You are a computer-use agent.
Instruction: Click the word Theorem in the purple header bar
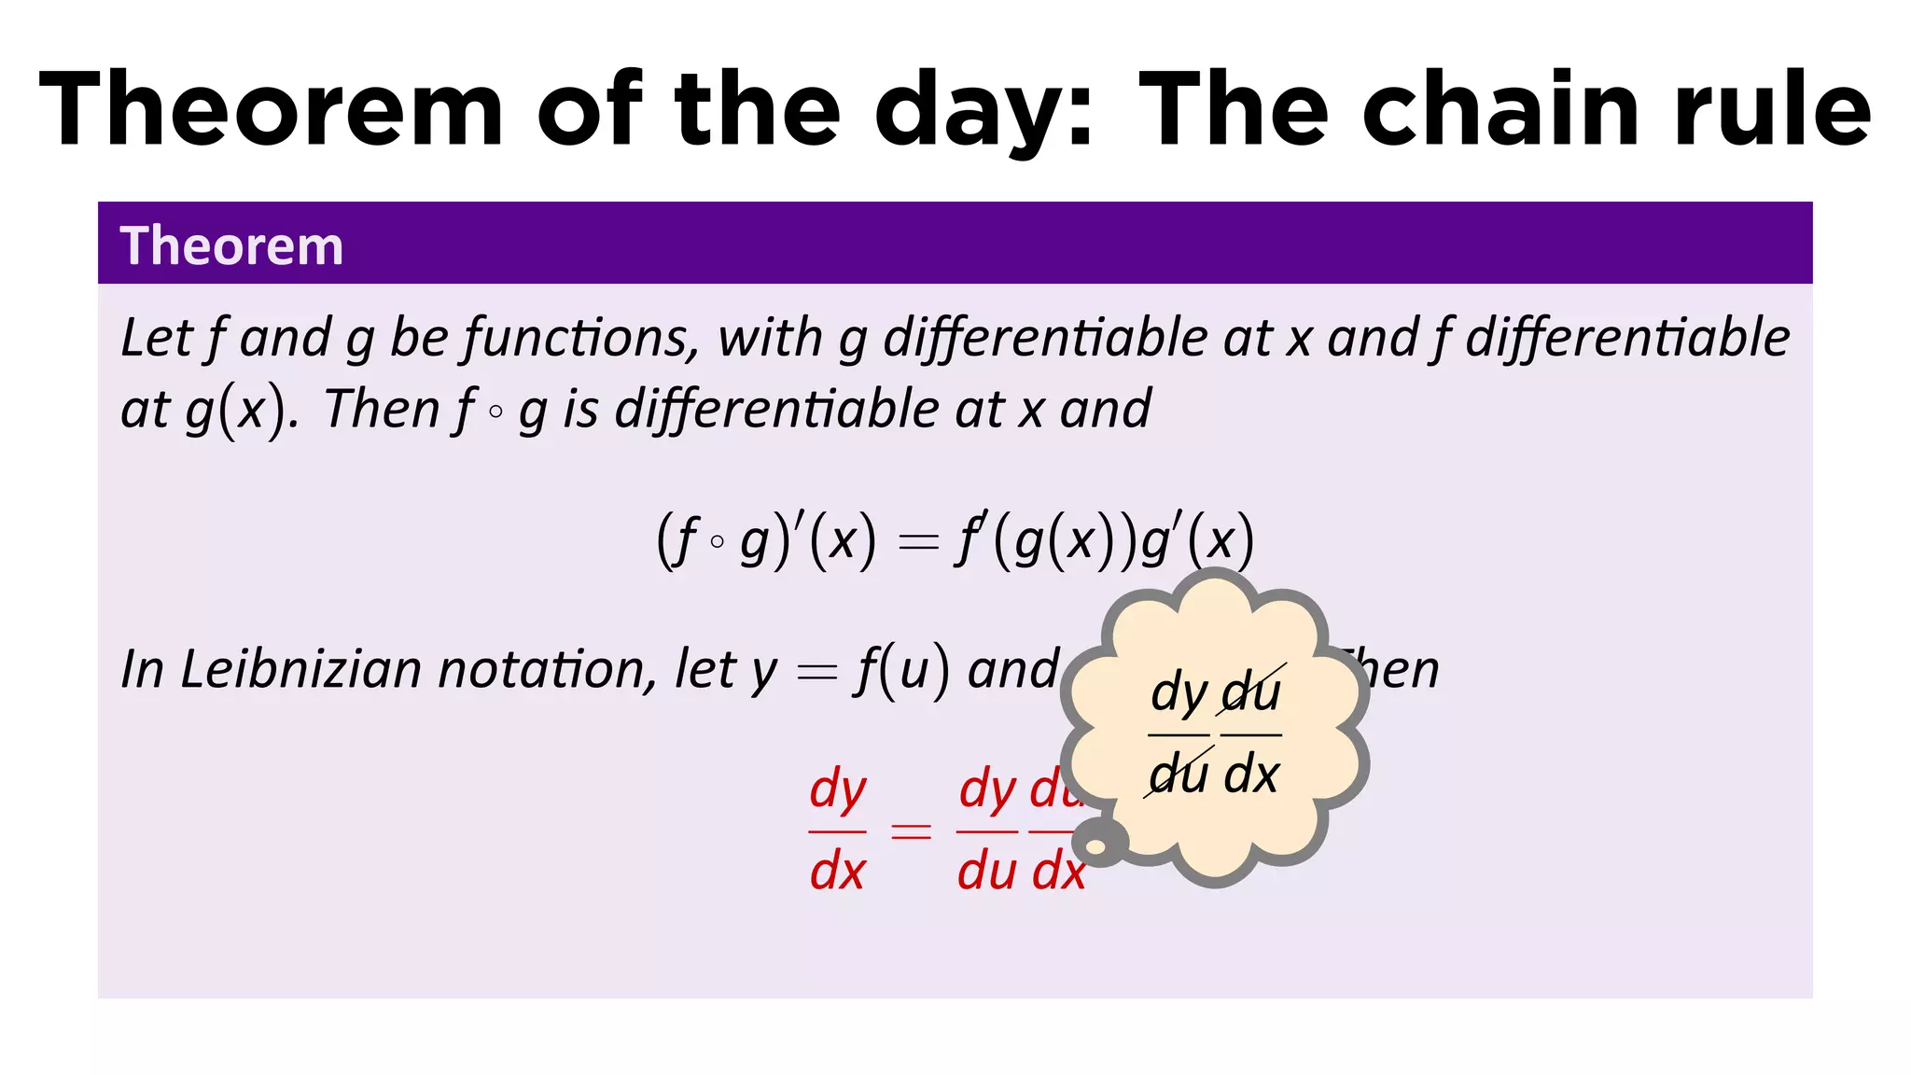231,245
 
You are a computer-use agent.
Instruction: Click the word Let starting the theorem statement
157,337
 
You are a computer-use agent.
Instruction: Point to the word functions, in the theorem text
580,338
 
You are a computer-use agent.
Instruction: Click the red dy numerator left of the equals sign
838,790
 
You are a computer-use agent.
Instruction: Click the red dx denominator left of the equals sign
838,872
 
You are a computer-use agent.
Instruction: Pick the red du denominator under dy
986,872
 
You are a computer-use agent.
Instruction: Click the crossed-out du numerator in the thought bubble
1250,692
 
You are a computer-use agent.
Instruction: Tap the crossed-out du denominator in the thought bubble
1179,775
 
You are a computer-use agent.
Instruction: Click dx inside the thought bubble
1250,775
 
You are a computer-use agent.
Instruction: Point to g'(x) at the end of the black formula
1198,541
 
